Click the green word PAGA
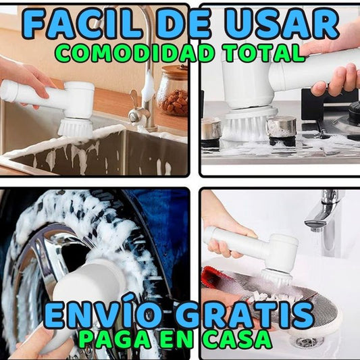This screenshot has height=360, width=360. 113,340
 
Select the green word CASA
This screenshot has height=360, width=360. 236,340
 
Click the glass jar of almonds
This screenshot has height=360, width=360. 173,92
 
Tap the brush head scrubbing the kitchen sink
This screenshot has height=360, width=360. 75,128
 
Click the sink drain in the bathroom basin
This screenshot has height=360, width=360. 307,343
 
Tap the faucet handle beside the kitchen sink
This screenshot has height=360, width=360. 136,104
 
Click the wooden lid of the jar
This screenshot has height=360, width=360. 174,70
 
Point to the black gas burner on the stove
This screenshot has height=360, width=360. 354,112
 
